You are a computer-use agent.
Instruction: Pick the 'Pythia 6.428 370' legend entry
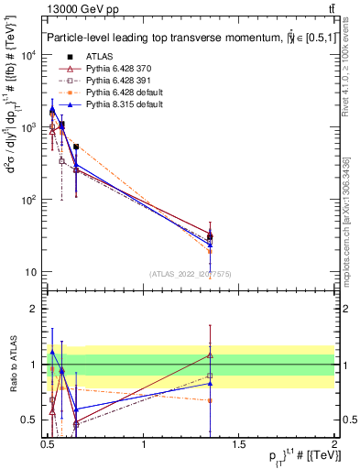pos(115,68)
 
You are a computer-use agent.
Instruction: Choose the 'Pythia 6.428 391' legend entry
pos(115,81)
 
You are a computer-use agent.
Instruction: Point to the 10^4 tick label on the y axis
pos(27,55)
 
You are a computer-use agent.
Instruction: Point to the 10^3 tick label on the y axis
pos(27,127)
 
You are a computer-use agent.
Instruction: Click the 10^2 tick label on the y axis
pos(27,200)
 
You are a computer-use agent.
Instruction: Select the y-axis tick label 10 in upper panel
pos(30,272)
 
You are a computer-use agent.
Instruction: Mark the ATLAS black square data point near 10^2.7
pos(76,147)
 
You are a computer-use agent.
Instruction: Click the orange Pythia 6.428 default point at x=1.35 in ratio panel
pos(211,400)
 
